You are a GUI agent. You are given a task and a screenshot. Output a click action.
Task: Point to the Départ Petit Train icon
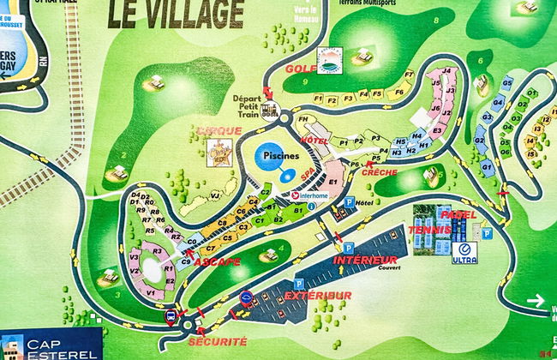(x=271, y=109)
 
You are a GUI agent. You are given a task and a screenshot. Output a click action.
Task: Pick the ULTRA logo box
(x=464, y=251)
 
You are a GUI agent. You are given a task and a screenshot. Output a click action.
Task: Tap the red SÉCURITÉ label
(x=218, y=340)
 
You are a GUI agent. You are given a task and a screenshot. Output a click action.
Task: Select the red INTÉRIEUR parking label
(x=364, y=259)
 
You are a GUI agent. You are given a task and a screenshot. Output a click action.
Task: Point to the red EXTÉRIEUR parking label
(x=318, y=296)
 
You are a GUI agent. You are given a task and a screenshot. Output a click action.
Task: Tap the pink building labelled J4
(x=447, y=71)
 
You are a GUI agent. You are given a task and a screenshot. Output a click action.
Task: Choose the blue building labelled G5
(x=507, y=82)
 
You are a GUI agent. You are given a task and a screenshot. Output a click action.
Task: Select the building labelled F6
(x=398, y=91)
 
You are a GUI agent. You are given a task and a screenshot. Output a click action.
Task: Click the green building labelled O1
(x=532, y=92)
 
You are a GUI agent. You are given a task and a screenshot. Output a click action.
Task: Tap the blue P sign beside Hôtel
(x=350, y=203)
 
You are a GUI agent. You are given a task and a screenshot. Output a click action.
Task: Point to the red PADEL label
(x=455, y=214)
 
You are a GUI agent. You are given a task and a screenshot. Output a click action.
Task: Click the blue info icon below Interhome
(x=312, y=206)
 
